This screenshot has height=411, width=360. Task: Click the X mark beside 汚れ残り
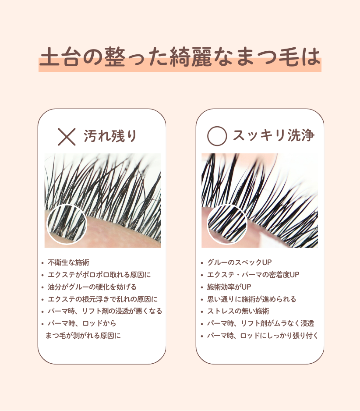click(x=67, y=137)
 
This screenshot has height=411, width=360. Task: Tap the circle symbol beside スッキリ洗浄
click(x=217, y=136)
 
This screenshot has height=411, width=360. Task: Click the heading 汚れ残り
click(x=110, y=136)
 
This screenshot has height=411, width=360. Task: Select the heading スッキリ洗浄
click(x=274, y=135)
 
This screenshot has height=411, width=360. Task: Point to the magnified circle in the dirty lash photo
click(x=67, y=224)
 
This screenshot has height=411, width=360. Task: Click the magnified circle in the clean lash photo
click(x=227, y=224)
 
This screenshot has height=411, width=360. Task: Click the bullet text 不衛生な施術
click(x=68, y=262)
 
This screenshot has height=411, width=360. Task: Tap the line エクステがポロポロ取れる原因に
click(x=99, y=275)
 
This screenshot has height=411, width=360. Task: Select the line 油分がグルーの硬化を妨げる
click(x=92, y=287)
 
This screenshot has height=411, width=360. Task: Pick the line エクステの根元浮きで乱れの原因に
click(x=103, y=299)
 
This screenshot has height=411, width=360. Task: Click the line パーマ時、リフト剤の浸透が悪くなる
click(x=105, y=311)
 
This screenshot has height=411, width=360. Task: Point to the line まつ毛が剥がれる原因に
click(x=83, y=336)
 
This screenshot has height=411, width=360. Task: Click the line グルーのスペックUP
click(x=240, y=262)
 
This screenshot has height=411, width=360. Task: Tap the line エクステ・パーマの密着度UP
click(x=253, y=275)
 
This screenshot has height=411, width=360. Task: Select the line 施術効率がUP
click(x=229, y=287)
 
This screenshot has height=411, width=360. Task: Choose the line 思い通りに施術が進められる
click(x=251, y=299)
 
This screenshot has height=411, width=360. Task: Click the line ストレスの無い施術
click(x=238, y=311)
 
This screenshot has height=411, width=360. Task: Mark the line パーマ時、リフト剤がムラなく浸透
click(x=261, y=323)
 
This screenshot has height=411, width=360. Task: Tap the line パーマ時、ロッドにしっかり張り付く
click(x=263, y=336)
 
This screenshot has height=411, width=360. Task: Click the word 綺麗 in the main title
click(x=191, y=57)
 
